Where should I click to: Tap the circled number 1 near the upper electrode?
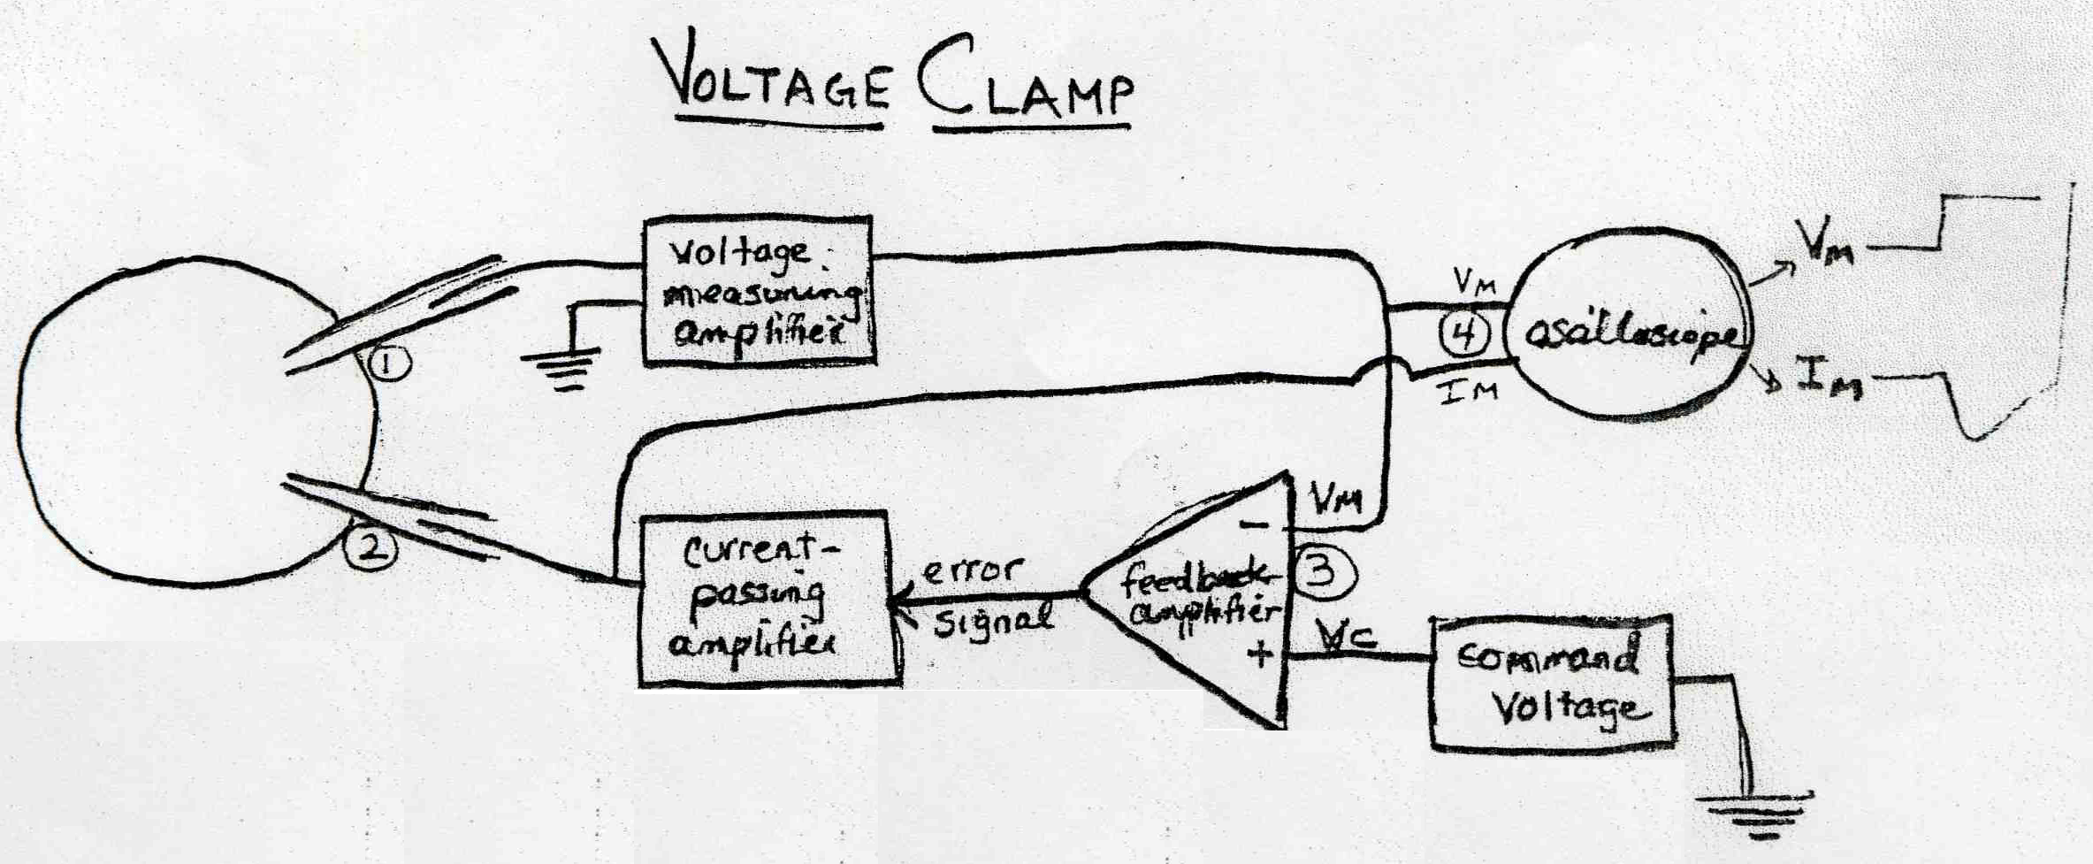click(389, 363)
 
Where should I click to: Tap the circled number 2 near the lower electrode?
click(371, 549)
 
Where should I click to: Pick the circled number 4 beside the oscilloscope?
click(1465, 335)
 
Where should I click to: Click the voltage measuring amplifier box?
click(758, 291)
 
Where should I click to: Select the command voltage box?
click(1552, 683)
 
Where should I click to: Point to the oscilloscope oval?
click(1629, 337)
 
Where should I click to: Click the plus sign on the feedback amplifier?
click(1259, 655)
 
